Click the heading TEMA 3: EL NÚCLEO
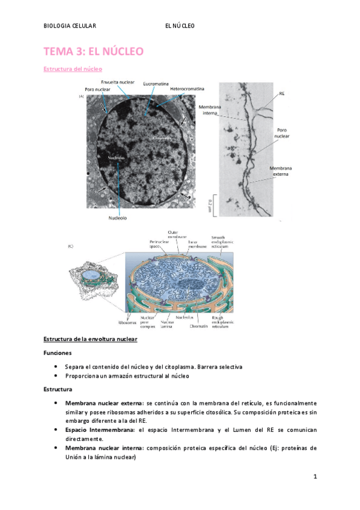tap(93, 52)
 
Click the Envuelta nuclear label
tap(118, 81)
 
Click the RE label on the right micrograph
tap(282, 94)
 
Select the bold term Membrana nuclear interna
tap(103, 448)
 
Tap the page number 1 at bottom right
tap(314, 477)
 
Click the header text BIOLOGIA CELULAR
tap(70, 26)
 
